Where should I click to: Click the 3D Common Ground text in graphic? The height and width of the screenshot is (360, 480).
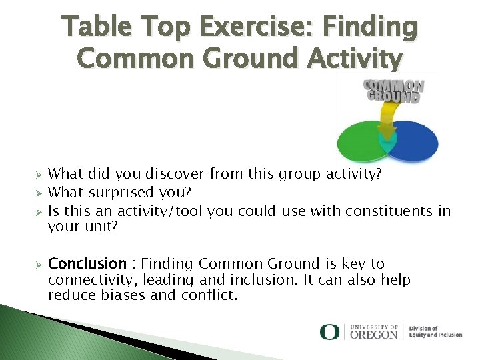point(393,90)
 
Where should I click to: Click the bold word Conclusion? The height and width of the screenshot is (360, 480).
point(87,264)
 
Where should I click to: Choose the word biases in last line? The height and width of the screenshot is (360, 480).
point(123,295)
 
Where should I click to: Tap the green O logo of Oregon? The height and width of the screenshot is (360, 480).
point(329,331)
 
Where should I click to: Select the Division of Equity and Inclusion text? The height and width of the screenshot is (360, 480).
point(435,331)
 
